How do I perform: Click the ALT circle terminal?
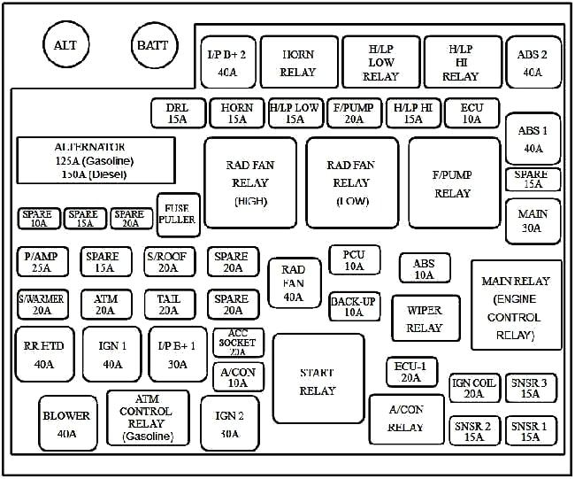65,45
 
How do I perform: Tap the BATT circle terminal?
156,45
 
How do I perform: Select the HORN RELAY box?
298,62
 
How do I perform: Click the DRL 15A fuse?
177,113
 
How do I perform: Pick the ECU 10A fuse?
472,113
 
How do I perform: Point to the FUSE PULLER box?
178,214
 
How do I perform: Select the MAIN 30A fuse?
533,221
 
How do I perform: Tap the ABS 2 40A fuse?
533,62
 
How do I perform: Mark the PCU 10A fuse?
354,260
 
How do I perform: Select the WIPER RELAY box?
425,319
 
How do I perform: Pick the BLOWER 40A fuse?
66,423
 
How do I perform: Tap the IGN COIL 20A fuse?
473,388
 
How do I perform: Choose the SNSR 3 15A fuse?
531,388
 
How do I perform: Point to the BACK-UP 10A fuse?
354,306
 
